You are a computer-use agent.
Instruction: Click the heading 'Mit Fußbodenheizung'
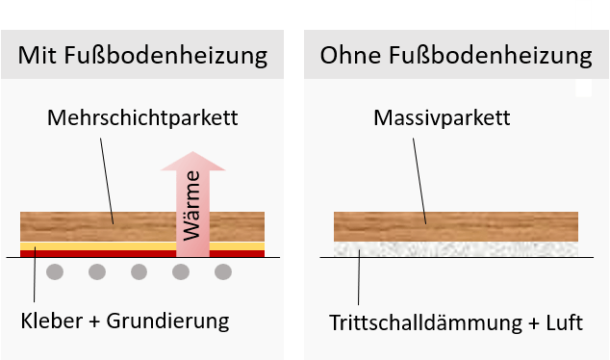pos(142,55)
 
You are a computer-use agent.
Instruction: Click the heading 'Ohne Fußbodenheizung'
pos(455,55)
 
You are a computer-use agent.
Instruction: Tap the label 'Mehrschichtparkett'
pos(141,119)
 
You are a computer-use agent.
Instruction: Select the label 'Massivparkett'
pos(441,119)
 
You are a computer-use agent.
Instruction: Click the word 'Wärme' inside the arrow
pos(193,205)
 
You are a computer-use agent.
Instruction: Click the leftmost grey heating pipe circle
pos(55,272)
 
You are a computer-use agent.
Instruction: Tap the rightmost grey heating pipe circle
pos(223,272)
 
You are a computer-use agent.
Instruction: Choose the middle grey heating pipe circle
pos(140,272)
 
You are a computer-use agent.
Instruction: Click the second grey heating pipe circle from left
pos(97,272)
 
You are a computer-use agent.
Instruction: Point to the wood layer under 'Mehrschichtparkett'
pos(96,226)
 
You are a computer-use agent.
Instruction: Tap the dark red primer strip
pos(96,254)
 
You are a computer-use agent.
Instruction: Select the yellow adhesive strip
pos(96,245)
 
